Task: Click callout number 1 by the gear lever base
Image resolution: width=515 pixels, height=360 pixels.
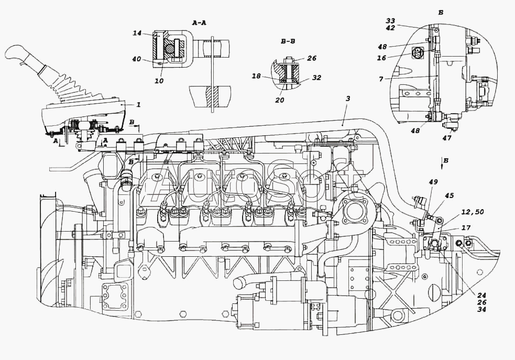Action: point(138,105)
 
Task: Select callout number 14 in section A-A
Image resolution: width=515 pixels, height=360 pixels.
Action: point(137,33)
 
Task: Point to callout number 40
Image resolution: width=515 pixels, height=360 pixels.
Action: point(136,59)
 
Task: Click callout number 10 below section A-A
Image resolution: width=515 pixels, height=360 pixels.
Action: point(159,81)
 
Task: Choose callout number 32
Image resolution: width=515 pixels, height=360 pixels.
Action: point(317,78)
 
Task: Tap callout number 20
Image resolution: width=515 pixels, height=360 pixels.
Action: point(280,100)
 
